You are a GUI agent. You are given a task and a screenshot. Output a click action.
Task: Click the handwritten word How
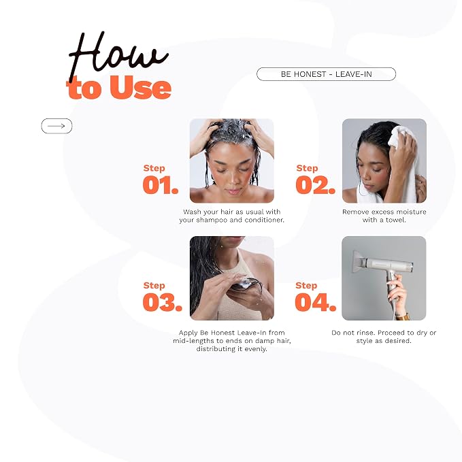point(118,56)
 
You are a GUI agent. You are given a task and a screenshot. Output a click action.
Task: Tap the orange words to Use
point(119,87)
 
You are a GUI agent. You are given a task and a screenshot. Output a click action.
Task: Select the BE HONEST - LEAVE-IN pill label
point(326,74)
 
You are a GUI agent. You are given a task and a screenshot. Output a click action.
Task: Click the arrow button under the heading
point(56,126)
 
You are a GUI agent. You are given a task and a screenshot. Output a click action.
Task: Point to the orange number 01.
point(161,185)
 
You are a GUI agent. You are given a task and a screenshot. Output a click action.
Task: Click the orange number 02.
point(316,185)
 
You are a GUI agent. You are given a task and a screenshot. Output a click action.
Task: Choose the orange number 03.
point(163,302)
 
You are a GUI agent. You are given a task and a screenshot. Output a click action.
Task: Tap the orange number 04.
point(316,302)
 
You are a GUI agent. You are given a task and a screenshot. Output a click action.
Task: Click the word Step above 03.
point(154,286)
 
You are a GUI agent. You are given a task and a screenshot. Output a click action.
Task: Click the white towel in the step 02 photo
point(395,165)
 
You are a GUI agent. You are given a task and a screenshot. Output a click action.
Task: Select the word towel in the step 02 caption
point(395,220)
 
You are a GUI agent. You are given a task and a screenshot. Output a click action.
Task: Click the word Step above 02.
point(307,168)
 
